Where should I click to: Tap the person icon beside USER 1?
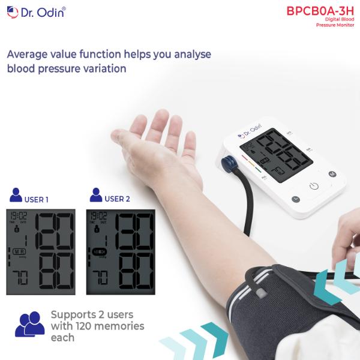pyautogui.click(x=16, y=196)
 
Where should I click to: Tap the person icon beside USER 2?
pyautogui.click(x=95, y=196)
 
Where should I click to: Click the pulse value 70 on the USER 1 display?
pyautogui.click(x=20, y=277)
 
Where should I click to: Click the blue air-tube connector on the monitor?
pyautogui.click(x=228, y=162)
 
